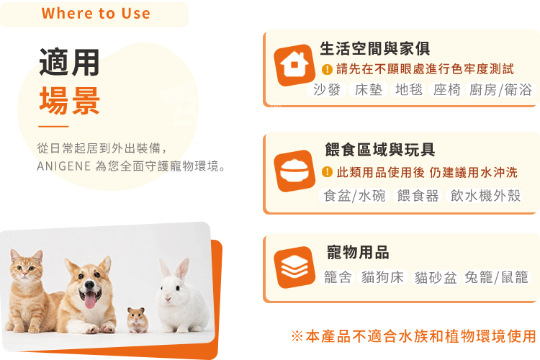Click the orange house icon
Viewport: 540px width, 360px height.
[294, 65]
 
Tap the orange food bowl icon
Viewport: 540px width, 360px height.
[294, 171]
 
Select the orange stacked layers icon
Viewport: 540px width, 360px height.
[294, 267]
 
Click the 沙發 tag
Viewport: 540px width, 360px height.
[326, 90]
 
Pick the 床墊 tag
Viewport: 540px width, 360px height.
[369, 90]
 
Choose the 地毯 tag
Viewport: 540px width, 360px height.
[409, 90]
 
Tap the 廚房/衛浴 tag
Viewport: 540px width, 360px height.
[500, 90]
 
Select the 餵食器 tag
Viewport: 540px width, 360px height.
[418, 196]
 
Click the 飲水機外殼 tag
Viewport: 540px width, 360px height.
[485, 196]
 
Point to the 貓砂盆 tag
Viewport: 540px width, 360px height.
[436, 277]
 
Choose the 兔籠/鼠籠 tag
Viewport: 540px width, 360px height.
[496, 277]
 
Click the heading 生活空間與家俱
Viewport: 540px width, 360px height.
[374, 48]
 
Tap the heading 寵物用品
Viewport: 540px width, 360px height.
[358, 252]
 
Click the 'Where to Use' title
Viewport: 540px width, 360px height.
[96, 14]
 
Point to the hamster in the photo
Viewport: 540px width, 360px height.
[138, 320]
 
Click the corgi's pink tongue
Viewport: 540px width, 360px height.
[90, 300]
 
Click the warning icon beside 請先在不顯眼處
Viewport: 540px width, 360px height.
[327, 69]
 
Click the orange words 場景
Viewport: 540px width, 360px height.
[69, 101]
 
